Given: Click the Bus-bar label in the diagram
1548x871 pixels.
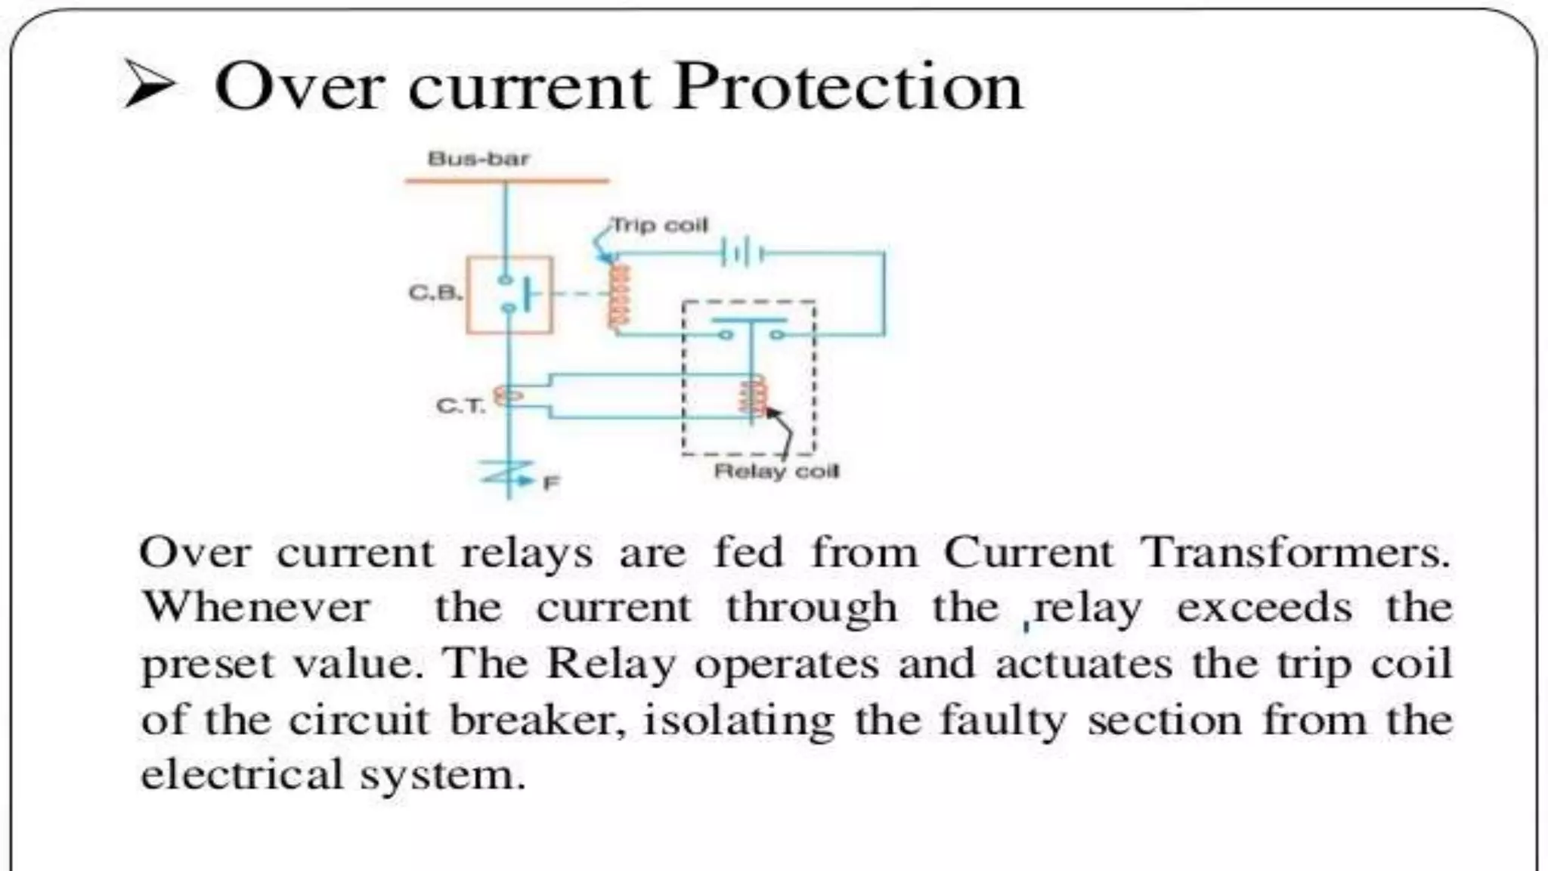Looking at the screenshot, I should [478, 159].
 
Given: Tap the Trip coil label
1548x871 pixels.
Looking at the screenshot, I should [660, 225].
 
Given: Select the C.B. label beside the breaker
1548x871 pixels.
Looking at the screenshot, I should [435, 292].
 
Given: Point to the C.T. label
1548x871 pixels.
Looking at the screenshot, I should [460, 406].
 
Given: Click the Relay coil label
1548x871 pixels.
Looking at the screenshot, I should [776, 471].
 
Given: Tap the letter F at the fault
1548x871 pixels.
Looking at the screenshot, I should [552, 482].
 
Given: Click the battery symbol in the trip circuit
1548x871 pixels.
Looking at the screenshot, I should [743, 253].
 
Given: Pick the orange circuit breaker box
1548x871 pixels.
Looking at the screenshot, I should [509, 295].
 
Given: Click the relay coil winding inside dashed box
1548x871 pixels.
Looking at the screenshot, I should [754, 398].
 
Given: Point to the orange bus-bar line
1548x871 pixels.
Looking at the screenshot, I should [506, 181].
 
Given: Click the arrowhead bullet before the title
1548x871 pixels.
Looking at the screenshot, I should [150, 84].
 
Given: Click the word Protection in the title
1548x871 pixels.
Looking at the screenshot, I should [847, 87].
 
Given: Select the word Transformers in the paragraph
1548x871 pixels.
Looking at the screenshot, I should [1295, 553].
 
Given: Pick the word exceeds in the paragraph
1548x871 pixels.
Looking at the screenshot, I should [1264, 607].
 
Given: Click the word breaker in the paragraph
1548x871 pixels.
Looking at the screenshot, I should [537, 719].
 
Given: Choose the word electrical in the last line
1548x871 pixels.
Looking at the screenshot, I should [242, 774].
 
